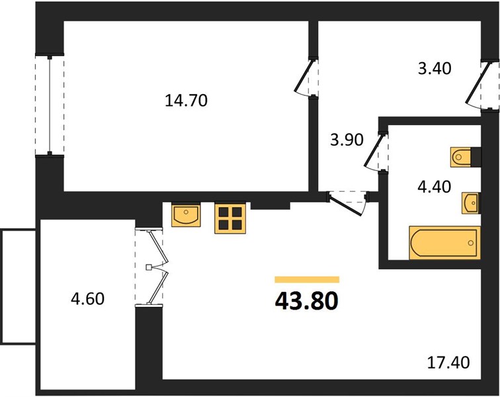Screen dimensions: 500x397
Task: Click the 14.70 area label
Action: pyautogui.click(x=187, y=101)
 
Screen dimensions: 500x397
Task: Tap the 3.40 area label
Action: pyautogui.click(x=435, y=68)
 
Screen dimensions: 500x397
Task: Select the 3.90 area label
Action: pyautogui.click(x=347, y=140)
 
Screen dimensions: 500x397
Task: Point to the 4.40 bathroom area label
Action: pyautogui.click(x=435, y=187)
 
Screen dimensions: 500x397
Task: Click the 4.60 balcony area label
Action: pyautogui.click(x=88, y=299)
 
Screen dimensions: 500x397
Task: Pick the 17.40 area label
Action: pyautogui.click(x=448, y=363)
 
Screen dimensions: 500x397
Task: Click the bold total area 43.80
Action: pyautogui.click(x=306, y=301)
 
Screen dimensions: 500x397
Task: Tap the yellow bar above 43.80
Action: pyautogui.click(x=307, y=280)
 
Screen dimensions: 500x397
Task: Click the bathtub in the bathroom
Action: pyautogui.click(x=444, y=243)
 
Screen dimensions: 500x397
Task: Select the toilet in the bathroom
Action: pyautogui.click(x=461, y=157)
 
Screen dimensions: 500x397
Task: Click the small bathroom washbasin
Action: pyautogui.click(x=471, y=203)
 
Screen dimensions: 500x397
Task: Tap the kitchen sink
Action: pyautogui.click(x=186, y=216)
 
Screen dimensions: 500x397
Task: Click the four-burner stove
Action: pyautogui.click(x=230, y=218)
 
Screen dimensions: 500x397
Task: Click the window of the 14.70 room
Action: pyautogui.click(x=50, y=105)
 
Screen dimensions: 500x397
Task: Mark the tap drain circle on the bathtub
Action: pyautogui.click(x=471, y=243)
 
